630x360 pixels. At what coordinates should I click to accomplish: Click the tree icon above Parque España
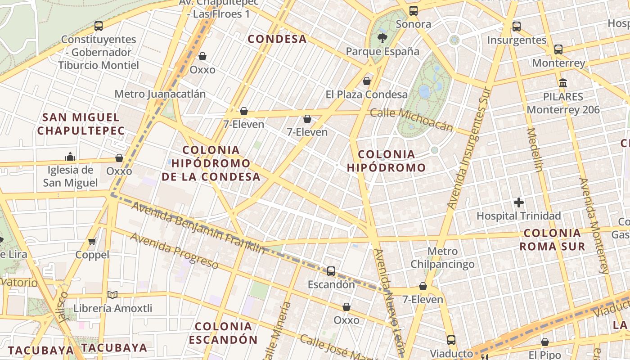[382, 38]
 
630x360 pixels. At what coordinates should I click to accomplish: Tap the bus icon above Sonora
[413, 11]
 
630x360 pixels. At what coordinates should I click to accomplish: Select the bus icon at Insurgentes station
[516, 27]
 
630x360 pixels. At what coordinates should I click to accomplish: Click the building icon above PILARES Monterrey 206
[562, 83]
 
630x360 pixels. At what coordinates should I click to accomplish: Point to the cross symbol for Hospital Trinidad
[519, 202]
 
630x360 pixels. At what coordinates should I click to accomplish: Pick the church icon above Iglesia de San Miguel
[70, 157]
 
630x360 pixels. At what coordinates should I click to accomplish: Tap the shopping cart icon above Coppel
[92, 241]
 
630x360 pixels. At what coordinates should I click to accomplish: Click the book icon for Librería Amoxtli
[112, 295]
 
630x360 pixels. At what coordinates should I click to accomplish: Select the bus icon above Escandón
[331, 271]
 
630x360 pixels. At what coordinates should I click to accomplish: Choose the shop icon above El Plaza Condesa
[367, 81]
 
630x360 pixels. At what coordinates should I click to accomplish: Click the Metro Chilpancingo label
[442, 257]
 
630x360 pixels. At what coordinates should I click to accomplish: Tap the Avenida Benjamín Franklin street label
[198, 228]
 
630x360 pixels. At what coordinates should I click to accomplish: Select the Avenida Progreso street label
[175, 250]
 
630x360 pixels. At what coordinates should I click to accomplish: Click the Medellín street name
[535, 150]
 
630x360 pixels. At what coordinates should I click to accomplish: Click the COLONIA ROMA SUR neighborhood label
[553, 239]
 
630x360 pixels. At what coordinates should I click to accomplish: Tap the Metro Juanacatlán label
[160, 94]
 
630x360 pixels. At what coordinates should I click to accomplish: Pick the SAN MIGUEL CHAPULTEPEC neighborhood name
[81, 124]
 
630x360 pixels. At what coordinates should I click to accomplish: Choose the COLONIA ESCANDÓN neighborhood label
[223, 333]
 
